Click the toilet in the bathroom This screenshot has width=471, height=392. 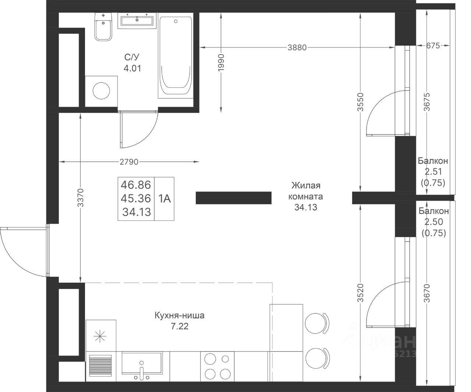[103, 27]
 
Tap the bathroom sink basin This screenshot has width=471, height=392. [137, 21]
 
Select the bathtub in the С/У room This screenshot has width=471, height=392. [176, 56]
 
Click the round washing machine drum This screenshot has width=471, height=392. [101, 91]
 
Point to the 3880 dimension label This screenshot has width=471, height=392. [297, 47]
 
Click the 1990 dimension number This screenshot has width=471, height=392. [221, 63]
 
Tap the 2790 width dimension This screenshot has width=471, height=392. [129, 162]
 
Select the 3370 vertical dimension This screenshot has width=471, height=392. [81, 198]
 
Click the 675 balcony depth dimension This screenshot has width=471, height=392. [433, 46]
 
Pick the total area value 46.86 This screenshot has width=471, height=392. [136, 185]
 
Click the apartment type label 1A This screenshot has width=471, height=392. [164, 199]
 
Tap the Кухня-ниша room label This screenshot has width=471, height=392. [180, 315]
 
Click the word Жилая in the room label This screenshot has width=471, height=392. [306, 186]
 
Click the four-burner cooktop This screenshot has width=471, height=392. [217, 366]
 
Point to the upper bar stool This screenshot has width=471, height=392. [317, 323]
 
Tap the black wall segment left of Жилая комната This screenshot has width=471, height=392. [233, 198]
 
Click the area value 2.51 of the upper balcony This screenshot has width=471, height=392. [433, 172]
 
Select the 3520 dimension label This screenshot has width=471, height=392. [361, 293]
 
